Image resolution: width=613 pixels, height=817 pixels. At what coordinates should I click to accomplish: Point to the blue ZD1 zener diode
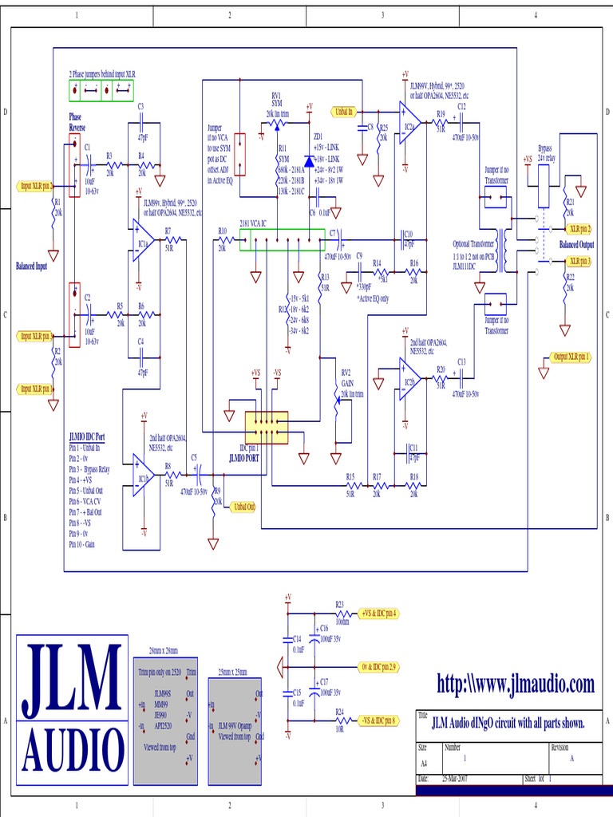(309, 161)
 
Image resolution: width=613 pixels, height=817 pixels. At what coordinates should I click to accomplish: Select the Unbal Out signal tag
(242, 507)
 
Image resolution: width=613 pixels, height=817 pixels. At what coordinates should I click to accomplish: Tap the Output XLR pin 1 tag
(571, 357)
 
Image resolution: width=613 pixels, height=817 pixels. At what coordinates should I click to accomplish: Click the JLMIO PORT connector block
(266, 428)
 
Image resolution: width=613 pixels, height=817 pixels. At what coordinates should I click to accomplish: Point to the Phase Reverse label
(77, 122)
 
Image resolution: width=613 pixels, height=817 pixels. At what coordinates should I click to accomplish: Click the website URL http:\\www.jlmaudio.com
(515, 684)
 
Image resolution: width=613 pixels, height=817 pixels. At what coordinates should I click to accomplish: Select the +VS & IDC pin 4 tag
(378, 614)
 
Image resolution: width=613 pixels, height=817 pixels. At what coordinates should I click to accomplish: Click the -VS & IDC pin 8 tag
(378, 720)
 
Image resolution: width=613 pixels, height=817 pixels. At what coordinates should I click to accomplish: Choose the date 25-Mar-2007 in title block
(454, 778)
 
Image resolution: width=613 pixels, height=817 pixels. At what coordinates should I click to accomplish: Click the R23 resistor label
(339, 604)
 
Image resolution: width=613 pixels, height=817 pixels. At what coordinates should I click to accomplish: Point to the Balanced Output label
(576, 244)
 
